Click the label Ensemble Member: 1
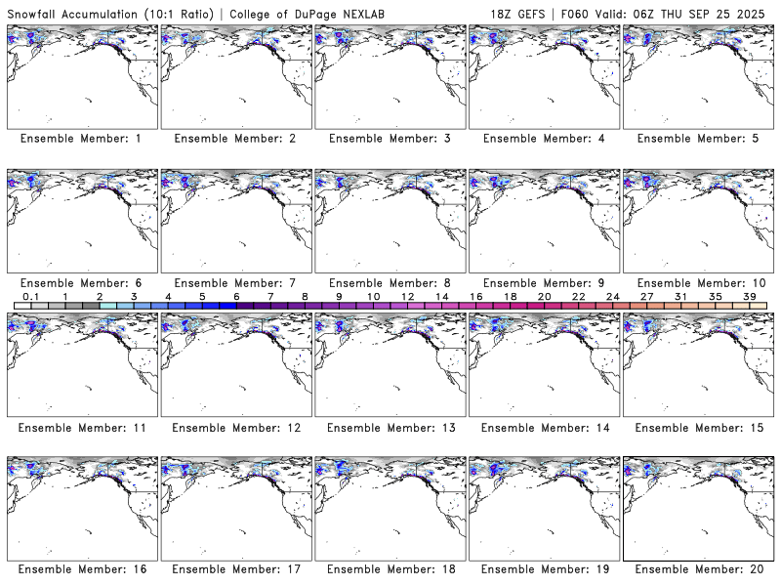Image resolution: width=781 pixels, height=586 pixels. click(x=80, y=139)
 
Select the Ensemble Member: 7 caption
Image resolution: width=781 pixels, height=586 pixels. click(x=234, y=283)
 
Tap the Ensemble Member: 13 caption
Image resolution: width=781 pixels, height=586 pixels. click(x=389, y=428)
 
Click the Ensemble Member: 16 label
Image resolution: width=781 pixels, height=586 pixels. click(x=80, y=568)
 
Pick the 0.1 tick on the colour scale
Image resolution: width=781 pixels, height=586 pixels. click(x=30, y=296)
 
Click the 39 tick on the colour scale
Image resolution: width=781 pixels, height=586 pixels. click(x=749, y=296)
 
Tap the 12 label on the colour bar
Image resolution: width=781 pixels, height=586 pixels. click(x=407, y=296)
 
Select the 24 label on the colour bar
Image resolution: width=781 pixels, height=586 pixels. click(x=612, y=296)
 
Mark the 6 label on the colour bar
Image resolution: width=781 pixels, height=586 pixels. click(x=236, y=296)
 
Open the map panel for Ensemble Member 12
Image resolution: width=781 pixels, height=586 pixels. click(x=234, y=361)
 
